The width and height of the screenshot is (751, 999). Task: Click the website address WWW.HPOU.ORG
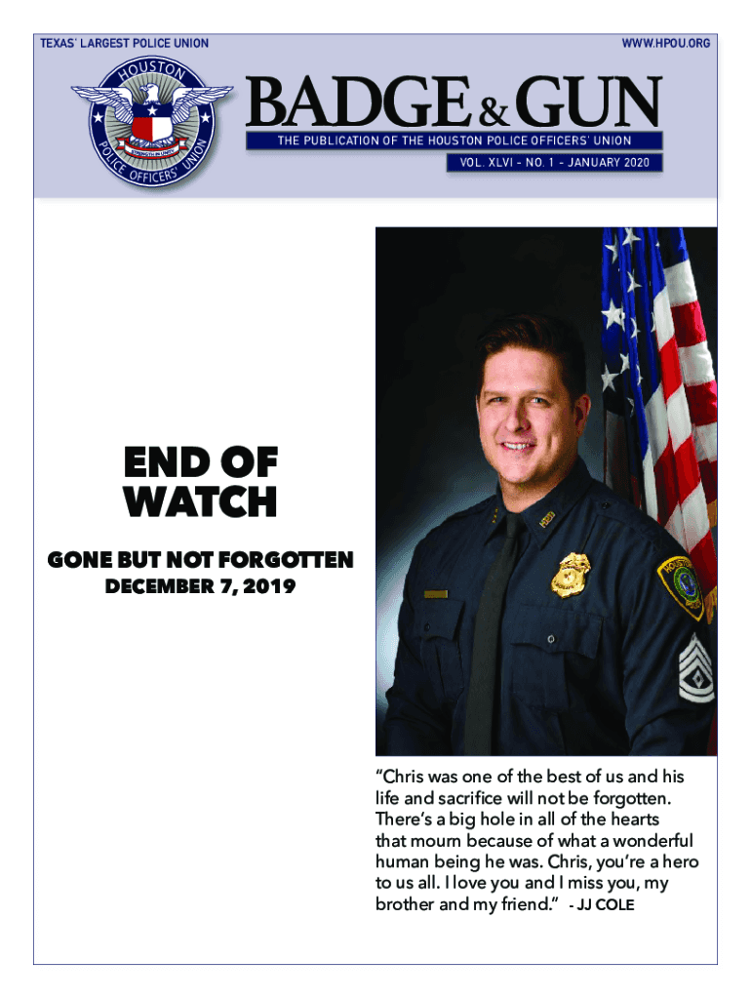point(666,43)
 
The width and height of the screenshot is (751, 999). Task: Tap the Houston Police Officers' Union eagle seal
point(151,121)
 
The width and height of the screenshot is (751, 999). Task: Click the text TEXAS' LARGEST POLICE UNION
point(123,43)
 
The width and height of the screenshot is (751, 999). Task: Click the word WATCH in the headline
point(200,503)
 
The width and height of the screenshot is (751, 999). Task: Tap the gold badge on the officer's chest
point(570,575)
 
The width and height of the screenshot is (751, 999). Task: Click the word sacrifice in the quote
point(446,798)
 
